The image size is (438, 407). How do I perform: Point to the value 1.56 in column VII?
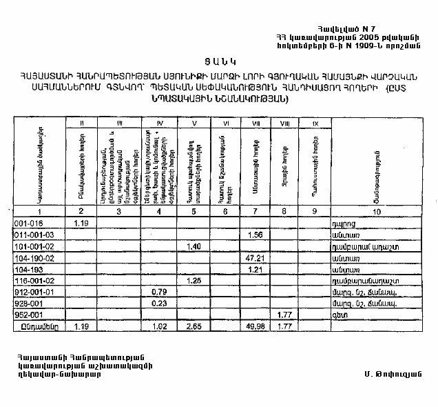[x=255, y=235]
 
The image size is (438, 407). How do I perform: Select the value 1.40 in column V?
[x=193, y=246]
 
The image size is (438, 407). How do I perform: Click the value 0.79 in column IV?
[x=159, y=291]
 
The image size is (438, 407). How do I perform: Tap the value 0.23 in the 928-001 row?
[x=159, y=302]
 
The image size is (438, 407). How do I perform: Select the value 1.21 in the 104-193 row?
[x=255, y=268]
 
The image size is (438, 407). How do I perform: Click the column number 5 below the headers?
[x=194, y=212]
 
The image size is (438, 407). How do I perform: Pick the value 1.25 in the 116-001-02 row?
[x=193, y=280]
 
